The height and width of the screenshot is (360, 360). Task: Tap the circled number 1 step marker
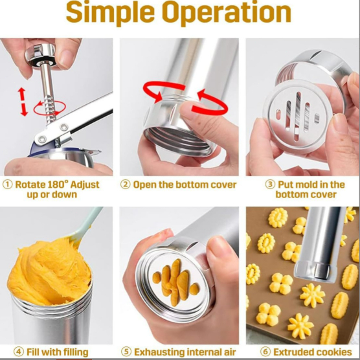click(x=8, y=185)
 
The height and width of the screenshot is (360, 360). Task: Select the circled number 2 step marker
click(x=126, y=185)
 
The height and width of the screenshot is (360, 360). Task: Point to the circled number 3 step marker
click(x=270, y=185)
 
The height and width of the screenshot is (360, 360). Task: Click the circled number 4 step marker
click(x=19, y=352)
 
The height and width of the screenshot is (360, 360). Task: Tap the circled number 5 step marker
click(x=126, y=352)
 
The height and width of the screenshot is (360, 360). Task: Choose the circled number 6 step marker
click(x=265, y=352)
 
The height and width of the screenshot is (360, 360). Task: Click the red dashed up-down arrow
click(x=23, y=102)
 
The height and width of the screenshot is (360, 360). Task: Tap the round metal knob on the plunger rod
click(x=40, y=56)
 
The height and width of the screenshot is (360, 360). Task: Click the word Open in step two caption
click(x=144, y=185)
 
